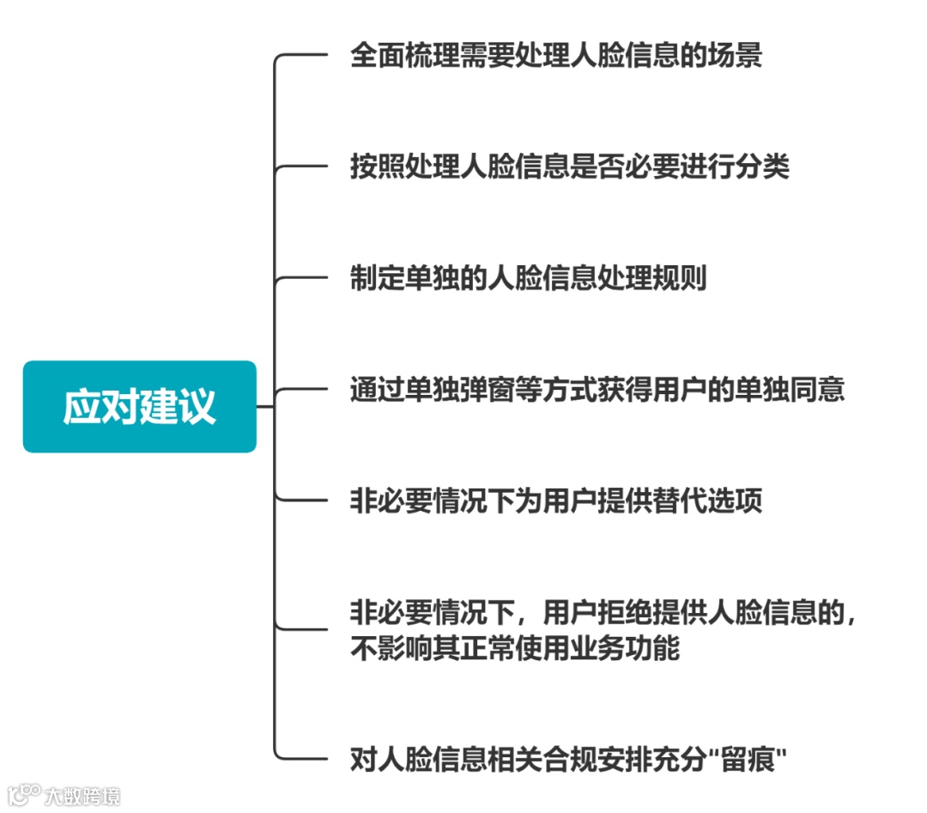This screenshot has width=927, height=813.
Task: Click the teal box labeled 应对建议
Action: (139, 406)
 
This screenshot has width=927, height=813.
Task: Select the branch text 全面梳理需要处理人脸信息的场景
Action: (555, 56)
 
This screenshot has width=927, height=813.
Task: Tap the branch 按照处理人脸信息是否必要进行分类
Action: (568, 167)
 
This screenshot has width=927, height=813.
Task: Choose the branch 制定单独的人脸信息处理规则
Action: (528, 278)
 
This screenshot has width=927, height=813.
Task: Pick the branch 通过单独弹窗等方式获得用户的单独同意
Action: (597, 389)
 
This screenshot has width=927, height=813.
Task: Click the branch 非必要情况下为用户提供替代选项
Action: (555, 501)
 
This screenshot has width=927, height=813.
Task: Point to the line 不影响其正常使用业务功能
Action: (514, 647)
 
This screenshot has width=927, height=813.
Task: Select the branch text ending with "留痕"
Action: (569, 759)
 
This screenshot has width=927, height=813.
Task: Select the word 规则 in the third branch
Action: (680, 278)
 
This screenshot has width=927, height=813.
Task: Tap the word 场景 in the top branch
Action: (735, 56)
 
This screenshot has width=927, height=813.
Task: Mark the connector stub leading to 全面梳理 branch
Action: (300, 55)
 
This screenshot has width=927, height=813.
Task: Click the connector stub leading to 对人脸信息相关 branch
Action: (300, 758)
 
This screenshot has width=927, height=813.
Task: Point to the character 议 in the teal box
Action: (197, 406)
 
